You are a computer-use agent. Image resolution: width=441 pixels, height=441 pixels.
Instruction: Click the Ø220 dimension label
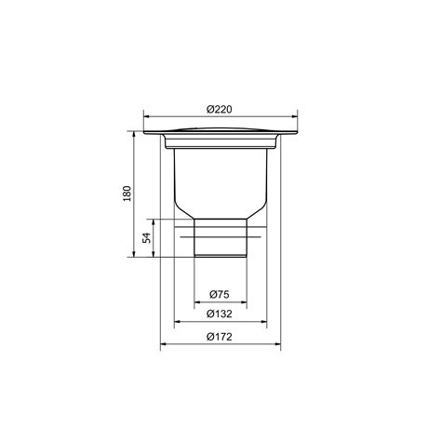[x=220, y=110]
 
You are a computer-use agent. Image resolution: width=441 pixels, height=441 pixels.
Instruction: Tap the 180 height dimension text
[x=127, y=194]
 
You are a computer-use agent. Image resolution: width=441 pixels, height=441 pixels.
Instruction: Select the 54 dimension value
[x=147, y=237]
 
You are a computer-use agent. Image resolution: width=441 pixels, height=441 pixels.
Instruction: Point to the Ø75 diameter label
[x=220, y=294]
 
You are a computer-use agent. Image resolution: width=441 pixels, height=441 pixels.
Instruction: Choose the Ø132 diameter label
[x=220, y=314]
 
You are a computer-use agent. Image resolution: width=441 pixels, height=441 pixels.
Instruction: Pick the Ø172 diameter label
[x=220, y=337]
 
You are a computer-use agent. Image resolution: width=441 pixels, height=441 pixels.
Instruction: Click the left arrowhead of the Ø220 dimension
[x=146, y=117]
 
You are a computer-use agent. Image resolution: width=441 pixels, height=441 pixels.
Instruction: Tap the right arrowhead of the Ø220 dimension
[x=294, y=117]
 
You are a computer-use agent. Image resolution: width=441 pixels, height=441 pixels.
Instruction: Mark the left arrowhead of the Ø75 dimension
[x=197, y=301]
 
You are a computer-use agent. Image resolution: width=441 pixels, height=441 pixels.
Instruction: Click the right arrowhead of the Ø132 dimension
[x=263, y=322]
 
